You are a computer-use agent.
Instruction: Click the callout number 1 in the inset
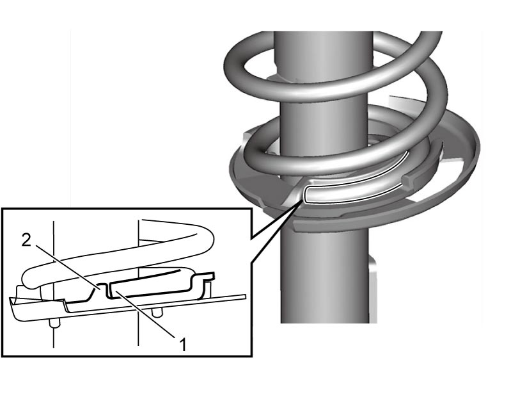[x=184, y=345]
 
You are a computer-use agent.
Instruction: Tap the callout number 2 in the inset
[x=26, y=241]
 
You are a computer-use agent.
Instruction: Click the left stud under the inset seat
[x=54, y=323]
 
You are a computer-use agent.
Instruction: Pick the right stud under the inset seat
[x=157, y=312]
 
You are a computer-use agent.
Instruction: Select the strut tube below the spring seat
[x=325, y=277]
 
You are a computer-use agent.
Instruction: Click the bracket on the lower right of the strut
[x=373, y=287]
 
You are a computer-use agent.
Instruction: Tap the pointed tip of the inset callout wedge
[x=301, y=202]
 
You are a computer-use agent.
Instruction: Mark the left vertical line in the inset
[x=54, y=284]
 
